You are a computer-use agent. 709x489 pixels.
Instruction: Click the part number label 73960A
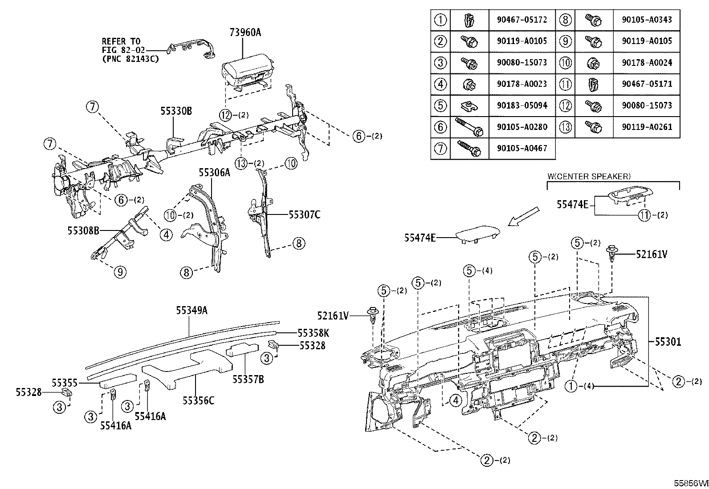(x=245, y=32)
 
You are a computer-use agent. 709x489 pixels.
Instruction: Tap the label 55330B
(x=176, y=111)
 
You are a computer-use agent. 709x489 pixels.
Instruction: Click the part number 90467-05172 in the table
(x=522, y=20)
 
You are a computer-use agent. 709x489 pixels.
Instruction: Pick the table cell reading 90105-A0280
(x=522, y=127)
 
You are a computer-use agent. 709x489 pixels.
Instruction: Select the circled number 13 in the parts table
(x=565, y=127)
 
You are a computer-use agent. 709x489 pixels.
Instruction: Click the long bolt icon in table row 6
(x=469, y=127)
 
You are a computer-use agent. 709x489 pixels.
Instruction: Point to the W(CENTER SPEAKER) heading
(x=589, y=176)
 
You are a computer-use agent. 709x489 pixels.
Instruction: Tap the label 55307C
(x=304, y=215)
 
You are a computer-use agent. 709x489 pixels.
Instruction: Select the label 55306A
(x=214, y=173)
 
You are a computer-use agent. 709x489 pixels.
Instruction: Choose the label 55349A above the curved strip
(x=192, y=310)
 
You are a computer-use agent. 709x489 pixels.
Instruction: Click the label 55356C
(x=198, y=400)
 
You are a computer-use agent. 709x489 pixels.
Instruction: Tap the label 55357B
(x=248, y=379)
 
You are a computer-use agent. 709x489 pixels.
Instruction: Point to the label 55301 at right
(x=668, y=342)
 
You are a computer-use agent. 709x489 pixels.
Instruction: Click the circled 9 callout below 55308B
(x=120, y=271)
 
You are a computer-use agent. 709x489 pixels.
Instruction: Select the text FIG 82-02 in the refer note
(x=123, y=50)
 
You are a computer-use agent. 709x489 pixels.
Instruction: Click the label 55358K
(x=314, y=333)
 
